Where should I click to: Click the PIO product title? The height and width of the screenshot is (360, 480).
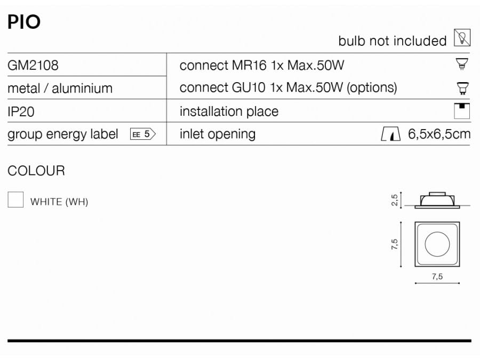tap(24, 22)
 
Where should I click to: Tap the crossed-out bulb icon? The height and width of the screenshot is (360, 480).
tap(462, 38)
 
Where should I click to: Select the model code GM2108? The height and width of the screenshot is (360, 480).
tap(33, 65)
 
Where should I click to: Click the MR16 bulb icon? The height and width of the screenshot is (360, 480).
tap(462, 64)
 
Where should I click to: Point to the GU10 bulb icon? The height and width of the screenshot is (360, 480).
tap(462, 88)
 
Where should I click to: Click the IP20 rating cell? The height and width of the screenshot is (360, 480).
tap(21, 111)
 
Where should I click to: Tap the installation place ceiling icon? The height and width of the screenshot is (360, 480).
tap(462, 111)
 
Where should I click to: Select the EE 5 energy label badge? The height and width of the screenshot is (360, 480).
tap(143, 134)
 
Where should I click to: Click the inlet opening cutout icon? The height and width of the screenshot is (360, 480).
tap(390, 134)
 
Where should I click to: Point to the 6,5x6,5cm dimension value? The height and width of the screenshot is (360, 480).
tap(439, 134)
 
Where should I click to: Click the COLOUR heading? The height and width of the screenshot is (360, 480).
tap(36, 171)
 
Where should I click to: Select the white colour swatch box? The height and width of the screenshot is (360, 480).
tap(15, 199)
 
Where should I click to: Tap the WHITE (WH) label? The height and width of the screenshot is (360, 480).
tap(59, 202)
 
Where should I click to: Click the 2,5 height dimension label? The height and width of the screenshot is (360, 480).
tap(394, 200)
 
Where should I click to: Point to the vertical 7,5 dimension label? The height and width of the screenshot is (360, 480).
tap(394, 244)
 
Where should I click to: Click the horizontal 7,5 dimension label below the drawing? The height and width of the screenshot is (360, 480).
tap(437, 276)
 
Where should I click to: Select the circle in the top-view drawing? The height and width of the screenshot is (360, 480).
tap(437, 244)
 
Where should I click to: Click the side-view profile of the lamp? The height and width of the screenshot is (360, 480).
tap(437, 201)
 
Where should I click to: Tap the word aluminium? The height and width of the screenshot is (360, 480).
tap(82, 89)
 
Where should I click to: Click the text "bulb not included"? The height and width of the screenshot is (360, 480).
tap(393, 41)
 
